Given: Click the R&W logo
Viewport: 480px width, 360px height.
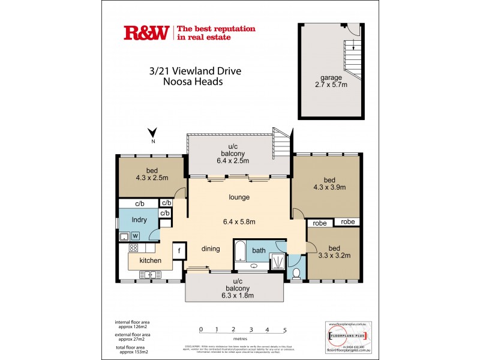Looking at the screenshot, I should pos(147,33).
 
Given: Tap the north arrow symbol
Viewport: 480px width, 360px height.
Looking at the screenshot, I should pos(153,134).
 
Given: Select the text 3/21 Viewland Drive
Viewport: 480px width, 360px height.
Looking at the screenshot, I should pos(195,71).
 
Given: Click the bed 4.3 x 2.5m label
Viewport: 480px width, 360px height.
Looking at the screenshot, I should pos(151,177).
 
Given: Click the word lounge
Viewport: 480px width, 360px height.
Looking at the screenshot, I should pos(239,197).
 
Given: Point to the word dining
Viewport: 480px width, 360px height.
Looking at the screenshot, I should pos(211,248).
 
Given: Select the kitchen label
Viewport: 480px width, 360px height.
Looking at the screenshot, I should pos(151,261).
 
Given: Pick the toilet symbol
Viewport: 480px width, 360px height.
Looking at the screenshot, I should pos(297,272).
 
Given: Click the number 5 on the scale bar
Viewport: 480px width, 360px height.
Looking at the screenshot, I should pos(285,329).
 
